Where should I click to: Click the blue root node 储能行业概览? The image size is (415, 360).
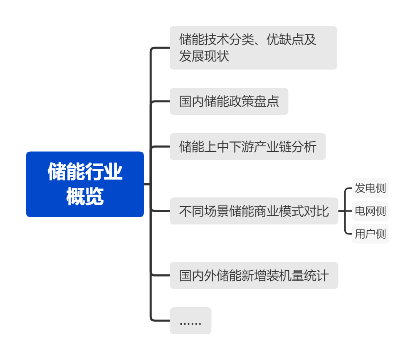pyautogui.click(x=85, y=184)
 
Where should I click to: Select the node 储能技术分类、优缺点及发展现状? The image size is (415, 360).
pyautogui.click(x=253, y=48)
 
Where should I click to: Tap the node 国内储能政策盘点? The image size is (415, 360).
pyautogui.click(x=229, y=101)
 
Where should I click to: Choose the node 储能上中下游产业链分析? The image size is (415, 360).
pyautogui.click(x=247, y=147)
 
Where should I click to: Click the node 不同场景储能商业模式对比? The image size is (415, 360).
pyautogui.click(x=254, y=211)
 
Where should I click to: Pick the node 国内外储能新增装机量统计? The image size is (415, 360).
pyautogui.click(x=254, y=275)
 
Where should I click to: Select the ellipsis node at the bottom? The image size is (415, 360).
pyautogui.click(x=190, y=321)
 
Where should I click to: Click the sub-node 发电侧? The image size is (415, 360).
pyautogui.click(x=370, y=188)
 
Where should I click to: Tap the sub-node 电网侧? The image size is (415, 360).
pyautogui.click(x=370, y=211)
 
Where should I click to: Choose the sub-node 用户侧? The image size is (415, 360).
pyautogui.click(x=370, y=234)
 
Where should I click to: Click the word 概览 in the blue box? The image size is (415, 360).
pyautogui.click(x=85, y=197)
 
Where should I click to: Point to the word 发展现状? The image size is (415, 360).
pyautogui.click(x=204, y=56)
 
